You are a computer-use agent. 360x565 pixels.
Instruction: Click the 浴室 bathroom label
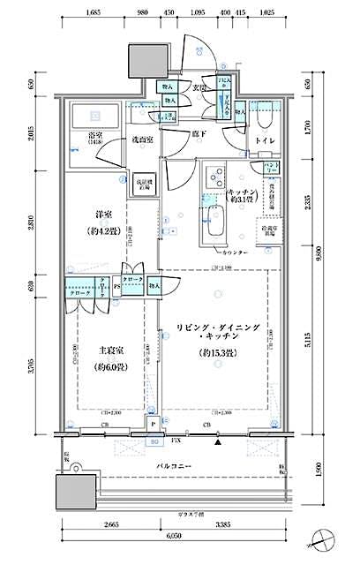(x=93, y=135)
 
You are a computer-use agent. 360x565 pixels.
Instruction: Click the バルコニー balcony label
(x=176, y=463)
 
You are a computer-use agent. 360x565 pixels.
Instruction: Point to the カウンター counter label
(x=232, y=253)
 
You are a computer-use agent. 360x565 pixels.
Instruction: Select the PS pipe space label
(x=116, y=286)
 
